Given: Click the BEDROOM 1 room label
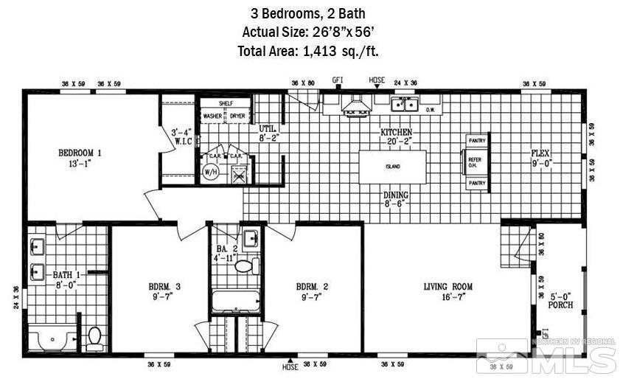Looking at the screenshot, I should [80, 153].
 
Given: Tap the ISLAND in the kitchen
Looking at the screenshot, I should [392, 167].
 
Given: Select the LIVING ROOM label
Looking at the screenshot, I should [447, 286].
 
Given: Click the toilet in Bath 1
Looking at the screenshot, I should [94, 338].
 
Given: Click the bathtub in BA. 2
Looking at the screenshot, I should [235, 302].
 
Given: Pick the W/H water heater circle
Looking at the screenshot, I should [210, 171].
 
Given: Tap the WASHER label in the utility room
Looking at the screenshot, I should [213, 117].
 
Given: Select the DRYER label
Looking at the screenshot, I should [237, 117].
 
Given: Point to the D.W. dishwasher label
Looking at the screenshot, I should [433, 110].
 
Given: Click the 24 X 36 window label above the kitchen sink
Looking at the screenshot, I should [405, 83].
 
